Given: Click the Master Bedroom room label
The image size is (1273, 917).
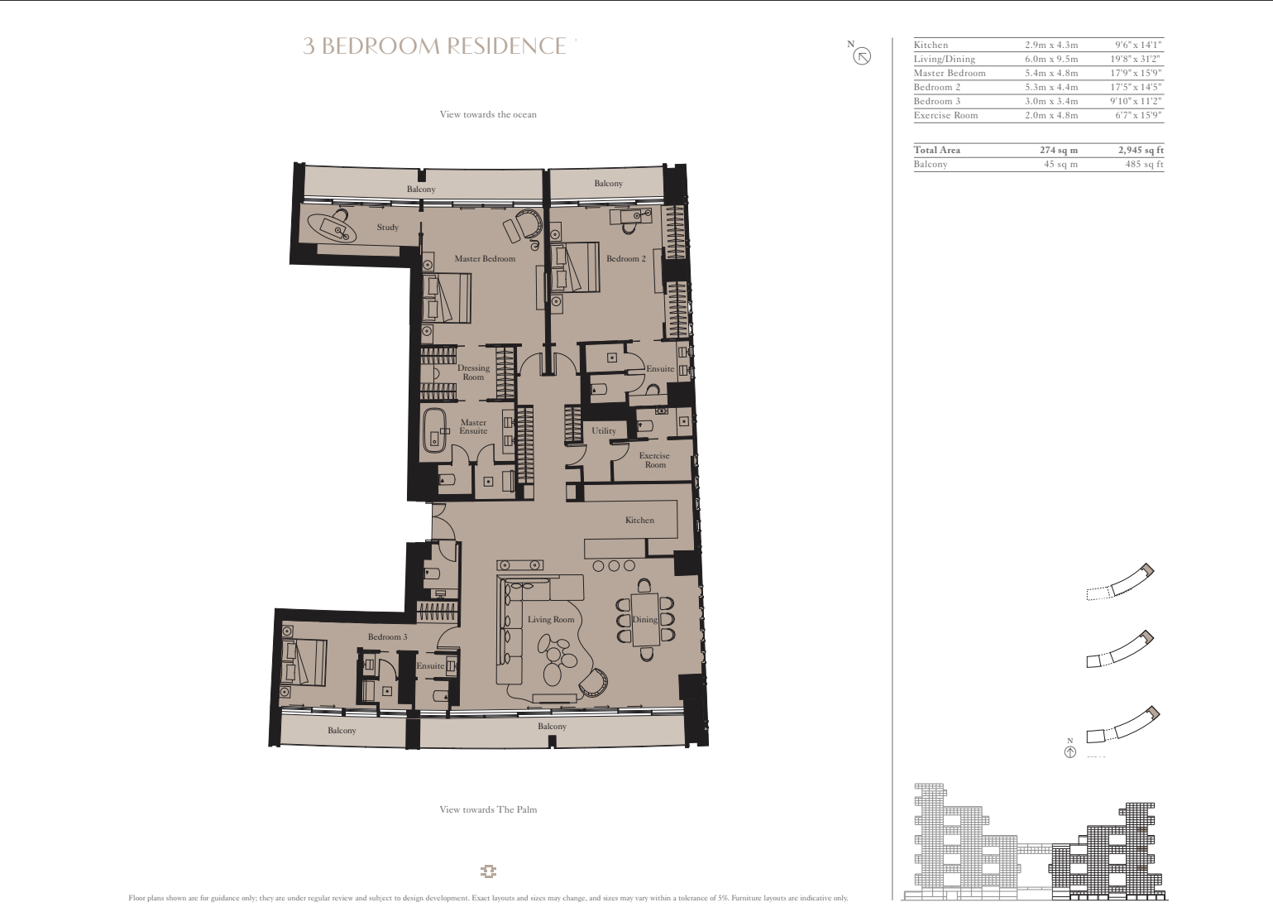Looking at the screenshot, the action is coord(485,259).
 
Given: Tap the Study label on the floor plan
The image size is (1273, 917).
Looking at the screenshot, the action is coord(388,227).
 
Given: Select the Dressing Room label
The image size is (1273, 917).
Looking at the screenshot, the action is coord(473,372).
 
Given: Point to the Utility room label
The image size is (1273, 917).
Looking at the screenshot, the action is coord(604,431).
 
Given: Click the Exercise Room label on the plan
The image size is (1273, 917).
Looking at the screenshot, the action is coord(654,460).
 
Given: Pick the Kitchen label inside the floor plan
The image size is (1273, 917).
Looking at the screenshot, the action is coord(639,521).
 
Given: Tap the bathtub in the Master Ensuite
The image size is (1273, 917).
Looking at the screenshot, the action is coord(435,430).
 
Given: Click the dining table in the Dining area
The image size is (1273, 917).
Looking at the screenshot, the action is coord(645,619).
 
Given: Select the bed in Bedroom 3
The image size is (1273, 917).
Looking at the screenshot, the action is coord(304,662).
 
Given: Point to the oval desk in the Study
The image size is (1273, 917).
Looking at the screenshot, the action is coord(332,228).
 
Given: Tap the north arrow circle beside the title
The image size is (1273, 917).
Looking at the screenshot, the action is coord(862,56).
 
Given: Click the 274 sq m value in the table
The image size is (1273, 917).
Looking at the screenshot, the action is coord(1059,150).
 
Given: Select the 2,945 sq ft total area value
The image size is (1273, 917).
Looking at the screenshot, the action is coord(1141,150).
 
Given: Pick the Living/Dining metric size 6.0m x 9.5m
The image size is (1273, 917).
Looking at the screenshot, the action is coord(1051,59).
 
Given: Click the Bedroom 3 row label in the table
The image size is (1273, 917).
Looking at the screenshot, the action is coord(937,101).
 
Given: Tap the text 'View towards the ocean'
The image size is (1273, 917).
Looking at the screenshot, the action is coord(488,114).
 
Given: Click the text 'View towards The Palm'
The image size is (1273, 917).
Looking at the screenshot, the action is coord(488,809).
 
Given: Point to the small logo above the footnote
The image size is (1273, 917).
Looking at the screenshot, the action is coord(488,871).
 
